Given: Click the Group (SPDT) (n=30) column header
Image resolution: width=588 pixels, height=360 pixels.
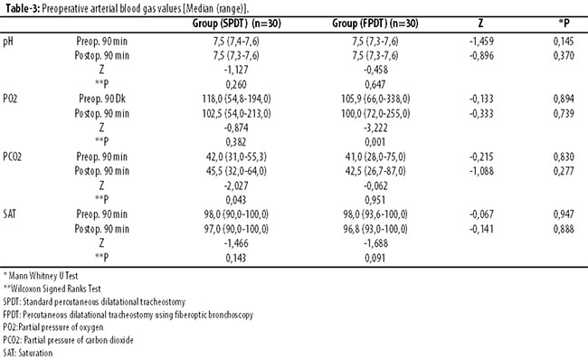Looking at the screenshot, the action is tap(237, 24).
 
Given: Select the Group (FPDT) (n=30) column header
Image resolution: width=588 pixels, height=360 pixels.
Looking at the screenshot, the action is tap(375, 24).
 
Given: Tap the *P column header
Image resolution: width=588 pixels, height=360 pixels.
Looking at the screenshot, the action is tap(564, 24).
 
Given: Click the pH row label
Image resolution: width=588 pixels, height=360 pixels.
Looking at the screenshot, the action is tap(8, 42).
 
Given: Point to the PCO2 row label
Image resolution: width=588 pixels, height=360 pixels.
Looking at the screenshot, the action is tap(12, 156).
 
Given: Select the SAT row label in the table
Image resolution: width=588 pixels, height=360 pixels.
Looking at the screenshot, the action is tap(9, 214).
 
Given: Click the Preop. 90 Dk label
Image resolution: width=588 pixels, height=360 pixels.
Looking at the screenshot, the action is tap(102, 99).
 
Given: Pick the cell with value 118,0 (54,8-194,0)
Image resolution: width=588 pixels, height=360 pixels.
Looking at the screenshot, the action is tap(237, 99).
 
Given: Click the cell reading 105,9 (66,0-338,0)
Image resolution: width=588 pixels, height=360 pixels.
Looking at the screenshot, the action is tap(375, 99).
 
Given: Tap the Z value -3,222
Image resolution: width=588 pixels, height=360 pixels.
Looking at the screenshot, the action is tap(375, 128).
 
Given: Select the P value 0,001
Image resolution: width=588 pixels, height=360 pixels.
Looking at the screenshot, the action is tap(375, 142).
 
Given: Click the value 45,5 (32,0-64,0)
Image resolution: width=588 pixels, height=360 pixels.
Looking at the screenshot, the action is tap(236, 171).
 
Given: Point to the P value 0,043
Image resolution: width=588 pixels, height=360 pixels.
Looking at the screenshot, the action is tap(236, 200).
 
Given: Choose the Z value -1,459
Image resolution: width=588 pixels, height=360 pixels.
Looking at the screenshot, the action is tap(481, 42).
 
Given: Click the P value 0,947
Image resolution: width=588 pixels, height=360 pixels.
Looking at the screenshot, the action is tap(564, 214).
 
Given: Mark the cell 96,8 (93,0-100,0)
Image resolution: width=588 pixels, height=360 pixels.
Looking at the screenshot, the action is tap(375, 229).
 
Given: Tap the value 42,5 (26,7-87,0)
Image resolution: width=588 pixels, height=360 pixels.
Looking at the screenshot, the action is tap(375, 171).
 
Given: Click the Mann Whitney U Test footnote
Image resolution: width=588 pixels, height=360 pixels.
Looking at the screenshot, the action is tap(41, 276).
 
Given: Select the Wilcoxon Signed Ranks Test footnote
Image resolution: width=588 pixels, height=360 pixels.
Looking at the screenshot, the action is tap(52, 289).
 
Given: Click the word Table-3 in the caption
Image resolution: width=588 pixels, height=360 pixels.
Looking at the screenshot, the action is tap(23, 9).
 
